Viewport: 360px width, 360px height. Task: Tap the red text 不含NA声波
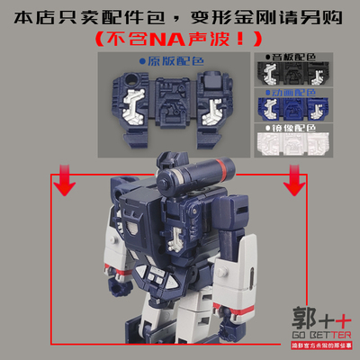180,39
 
